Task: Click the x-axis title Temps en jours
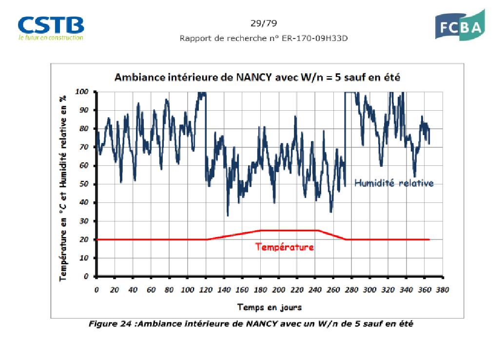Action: (270, 307)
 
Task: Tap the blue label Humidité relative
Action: (394, 183)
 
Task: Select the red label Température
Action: (285, 247)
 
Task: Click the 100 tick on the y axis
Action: (81, 92)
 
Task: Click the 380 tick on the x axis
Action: (442, 290)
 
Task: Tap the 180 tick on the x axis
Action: (260, 290)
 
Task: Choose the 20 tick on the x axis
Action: (115, 290)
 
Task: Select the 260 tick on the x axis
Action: (333, 290)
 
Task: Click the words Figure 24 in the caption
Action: (109, 323)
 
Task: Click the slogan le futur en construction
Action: (51, 37)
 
